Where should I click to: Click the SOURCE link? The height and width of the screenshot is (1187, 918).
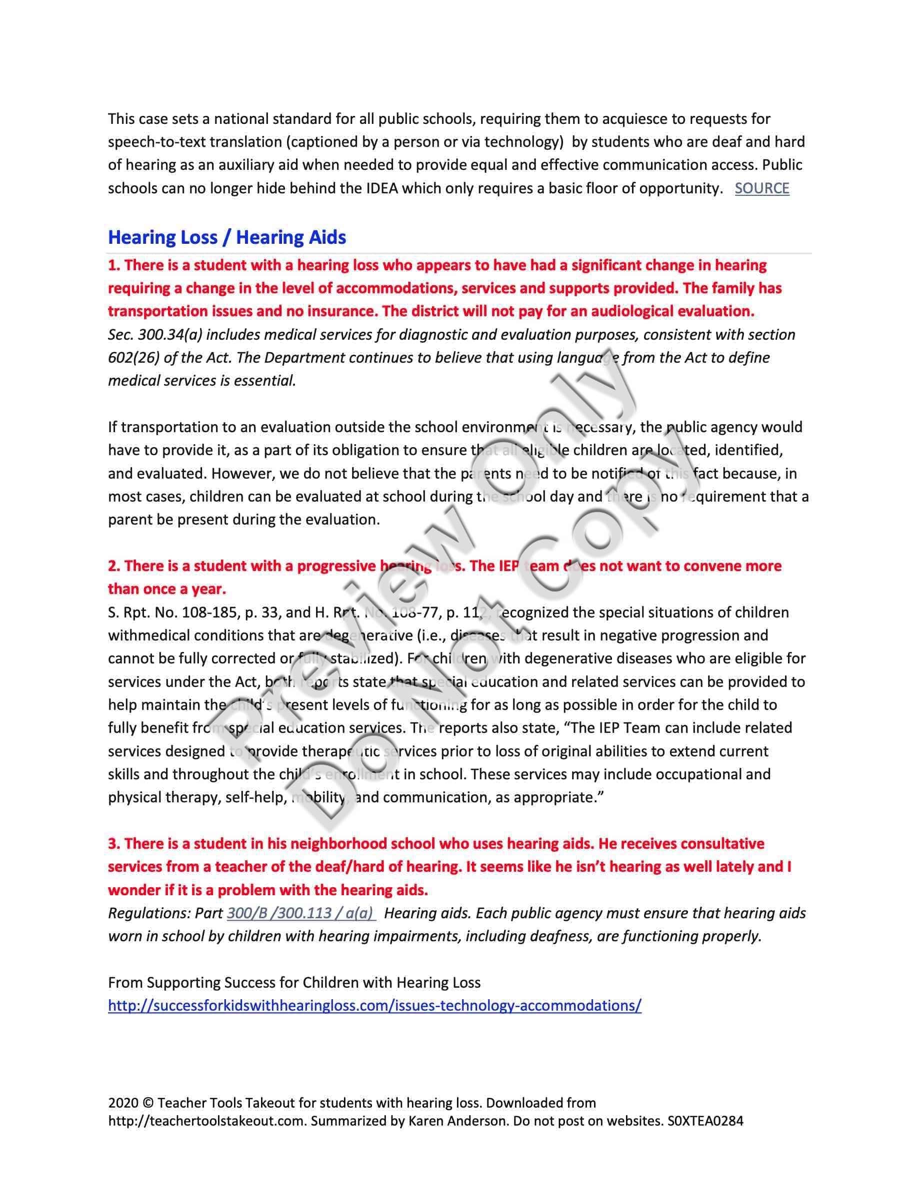[x=761, y=189]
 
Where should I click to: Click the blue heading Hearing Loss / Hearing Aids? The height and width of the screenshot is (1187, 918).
[x=227, y=237]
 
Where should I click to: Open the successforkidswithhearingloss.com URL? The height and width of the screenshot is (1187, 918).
[x=374, y=1006]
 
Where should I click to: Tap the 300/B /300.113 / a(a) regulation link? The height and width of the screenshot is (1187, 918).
[x=300, y=913]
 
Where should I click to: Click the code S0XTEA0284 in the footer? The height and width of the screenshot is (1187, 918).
[x=705, y=1121]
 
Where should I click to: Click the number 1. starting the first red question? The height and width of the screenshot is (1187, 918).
[x=113, y=265]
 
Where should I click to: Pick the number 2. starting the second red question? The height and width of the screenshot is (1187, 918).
[x=113, y=566]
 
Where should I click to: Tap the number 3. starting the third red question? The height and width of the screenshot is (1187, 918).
[x=113, y=843]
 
